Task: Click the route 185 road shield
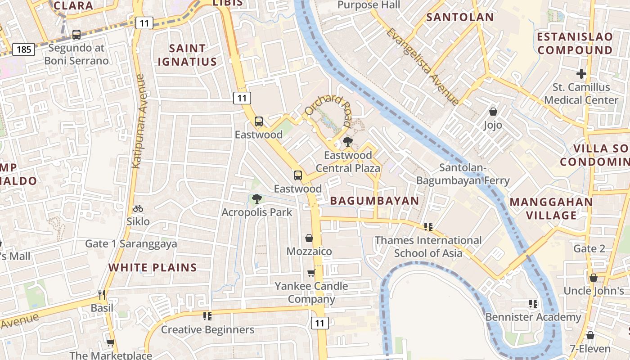tap(23, 49)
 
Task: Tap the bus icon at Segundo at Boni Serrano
tap(76, 35)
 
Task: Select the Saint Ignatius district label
tap(187, 55)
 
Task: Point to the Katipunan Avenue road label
tap(138, 121)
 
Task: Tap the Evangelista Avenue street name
tap(423, 67)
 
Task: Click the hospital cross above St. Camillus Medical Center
tap(581, 73)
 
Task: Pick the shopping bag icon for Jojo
tap(493, 112)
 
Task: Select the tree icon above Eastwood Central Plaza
tap(347, 142)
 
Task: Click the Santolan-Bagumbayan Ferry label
tap(463, 174)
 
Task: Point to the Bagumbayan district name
tap(374, 201)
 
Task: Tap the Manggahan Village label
tap(552, 209)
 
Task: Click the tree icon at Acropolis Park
tap(256, 199)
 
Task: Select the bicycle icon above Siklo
tap(138, 209)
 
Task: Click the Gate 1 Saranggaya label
tap(131, 244)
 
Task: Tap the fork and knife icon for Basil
tap(102, 295)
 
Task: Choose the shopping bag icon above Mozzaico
tap(309, 238)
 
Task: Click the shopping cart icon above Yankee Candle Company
tap(311, 273)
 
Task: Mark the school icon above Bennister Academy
tap(533, 304)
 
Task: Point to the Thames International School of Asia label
tap(428, 247)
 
